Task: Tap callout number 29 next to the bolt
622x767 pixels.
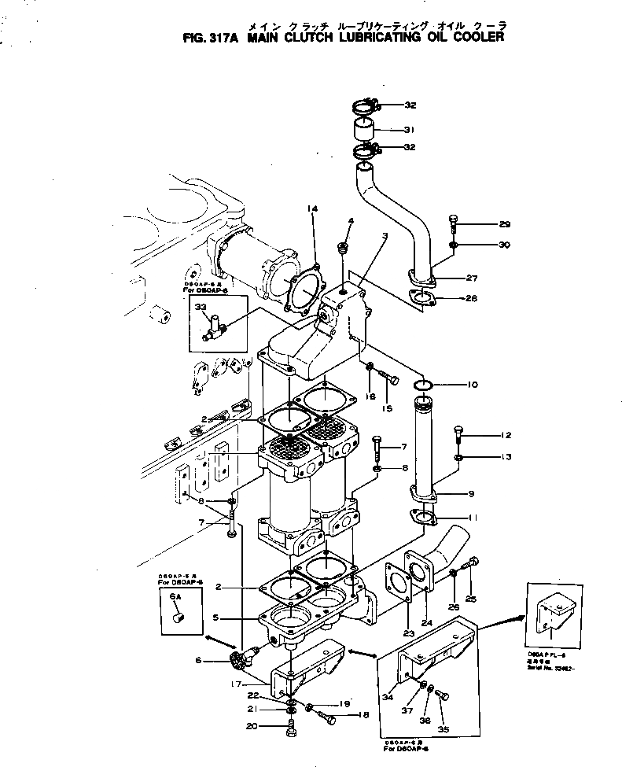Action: [x=503, y=224]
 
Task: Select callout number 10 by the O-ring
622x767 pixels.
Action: [x=472, y=385]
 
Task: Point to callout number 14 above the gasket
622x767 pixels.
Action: [x=312, y=208]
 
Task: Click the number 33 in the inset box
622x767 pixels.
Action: [x=201, y=308]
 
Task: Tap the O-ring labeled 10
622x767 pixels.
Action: [x=422, y=385]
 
